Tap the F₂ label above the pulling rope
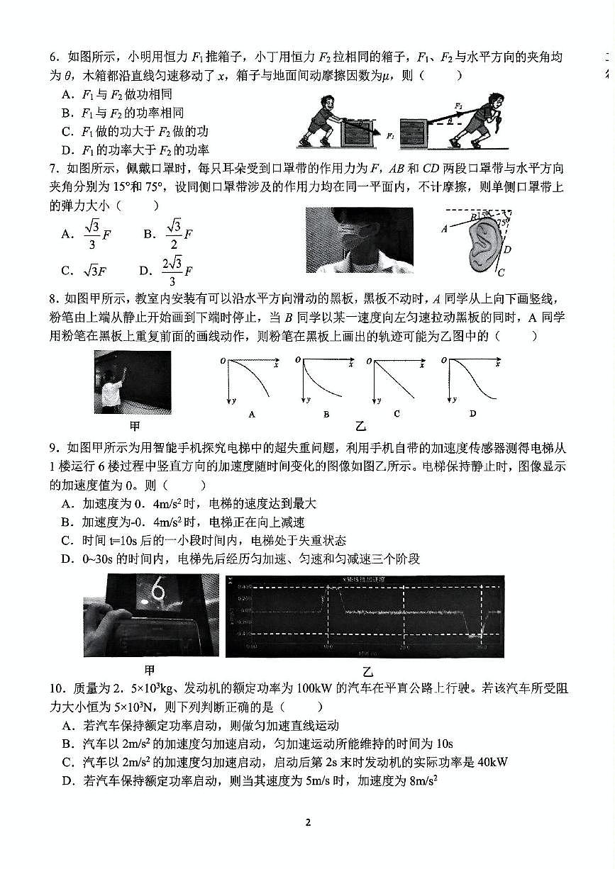coord(459,106)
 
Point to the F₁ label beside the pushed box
coord(390,134)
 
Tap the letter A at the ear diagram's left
coord(444,228)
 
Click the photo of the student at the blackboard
coord(132,382)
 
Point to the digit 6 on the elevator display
coord(159,591)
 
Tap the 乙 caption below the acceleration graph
coord(367,671)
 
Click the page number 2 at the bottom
coord(308,822)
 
